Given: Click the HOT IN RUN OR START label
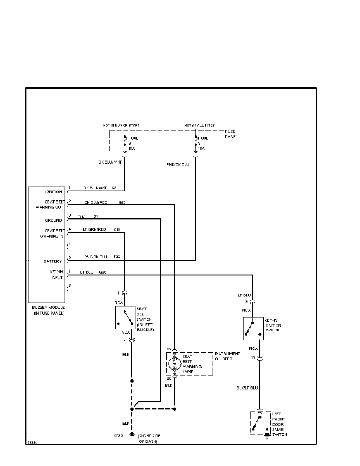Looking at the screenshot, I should click(x=121, y=126).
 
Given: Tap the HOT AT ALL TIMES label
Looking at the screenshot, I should click(x=200, y=126).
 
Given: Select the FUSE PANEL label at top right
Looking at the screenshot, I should click(x=231, y=134).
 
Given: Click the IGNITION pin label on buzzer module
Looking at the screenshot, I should click(x=54, y=192).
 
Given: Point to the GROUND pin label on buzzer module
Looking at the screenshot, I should click(x=53, y=220).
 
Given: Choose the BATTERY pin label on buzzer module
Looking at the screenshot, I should click(x=53, y=261).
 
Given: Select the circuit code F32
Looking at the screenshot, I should click(x=117, y=257).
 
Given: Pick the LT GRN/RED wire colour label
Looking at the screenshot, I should click(x=94, y=230).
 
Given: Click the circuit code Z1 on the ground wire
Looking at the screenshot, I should click(x=96, y=217).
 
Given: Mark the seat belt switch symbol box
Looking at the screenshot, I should click(x=125, y=318).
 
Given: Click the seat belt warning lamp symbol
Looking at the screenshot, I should click(x=175, y=364).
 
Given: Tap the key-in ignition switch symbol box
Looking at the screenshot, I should click(x=253, y=328).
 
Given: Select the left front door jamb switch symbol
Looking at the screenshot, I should click(x=259, y=423).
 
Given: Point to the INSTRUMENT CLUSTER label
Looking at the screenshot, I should click(x=227, y=357).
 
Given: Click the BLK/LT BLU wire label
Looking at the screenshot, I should click(x=247, y=388).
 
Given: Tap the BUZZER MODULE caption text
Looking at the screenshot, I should click(x=48, y=307).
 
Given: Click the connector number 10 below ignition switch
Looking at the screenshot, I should click(x=253, y=357).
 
